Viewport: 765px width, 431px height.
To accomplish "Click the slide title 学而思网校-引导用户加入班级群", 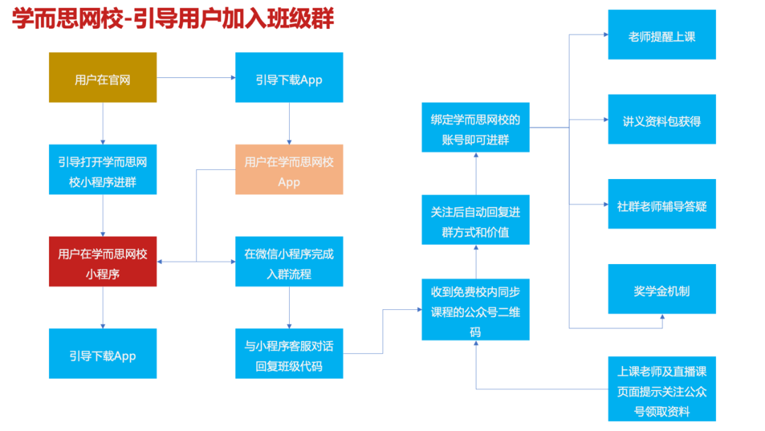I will tap(173, 18).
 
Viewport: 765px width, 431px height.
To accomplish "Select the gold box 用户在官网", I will tap(103, 78).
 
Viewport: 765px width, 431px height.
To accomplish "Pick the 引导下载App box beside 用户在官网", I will tap(289, 78).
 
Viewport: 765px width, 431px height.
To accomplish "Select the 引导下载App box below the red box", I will tap(103, 354).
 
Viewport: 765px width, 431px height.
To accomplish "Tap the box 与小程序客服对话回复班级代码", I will tap(289, 354).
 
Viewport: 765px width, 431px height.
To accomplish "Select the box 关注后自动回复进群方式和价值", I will tap(475, 220).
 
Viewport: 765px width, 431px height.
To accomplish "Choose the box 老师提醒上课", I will tap(662, 35).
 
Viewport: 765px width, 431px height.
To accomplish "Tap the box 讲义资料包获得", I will tap(662, 120).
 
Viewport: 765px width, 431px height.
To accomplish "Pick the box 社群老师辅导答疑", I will tap(662, 205).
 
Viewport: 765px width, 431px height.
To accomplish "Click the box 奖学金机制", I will tap(662, 289).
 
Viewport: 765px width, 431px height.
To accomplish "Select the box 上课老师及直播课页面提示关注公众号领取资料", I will tap(662, 390).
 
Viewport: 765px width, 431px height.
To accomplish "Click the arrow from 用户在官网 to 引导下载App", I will tap(196, 77).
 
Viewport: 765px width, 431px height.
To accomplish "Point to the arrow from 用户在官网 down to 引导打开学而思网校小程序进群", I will tap(103, 123).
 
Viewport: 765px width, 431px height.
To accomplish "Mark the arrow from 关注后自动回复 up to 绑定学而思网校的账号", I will tap(475, 173).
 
